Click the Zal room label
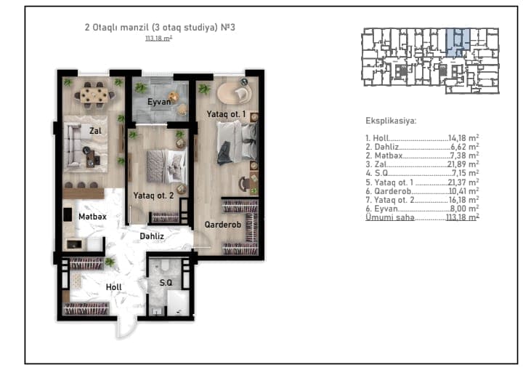[x=95, y=131]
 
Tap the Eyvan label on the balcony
[x=159, y=102]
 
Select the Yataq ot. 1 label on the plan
[x=226, y=114]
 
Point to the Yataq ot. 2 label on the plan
[x=153, y=196]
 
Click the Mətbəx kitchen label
[x=92, y=217]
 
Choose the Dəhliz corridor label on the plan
[x=152, y=236]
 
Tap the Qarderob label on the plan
[x=222, y=225]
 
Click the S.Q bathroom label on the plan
[x=166, y=283]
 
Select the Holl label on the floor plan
[x=114, y=287]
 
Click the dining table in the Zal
[x=94, y=94]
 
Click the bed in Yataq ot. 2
[x=166, y=166]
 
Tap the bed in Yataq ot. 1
[x=237, y=142]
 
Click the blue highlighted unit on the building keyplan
[x=458, y=42]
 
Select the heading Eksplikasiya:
[x=391, y=121]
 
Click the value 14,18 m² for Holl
[x=463, y=138]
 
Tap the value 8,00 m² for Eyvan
[x=465, y=209]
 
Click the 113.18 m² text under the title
[x=159, y=38]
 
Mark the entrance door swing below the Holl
[x=126, y=328]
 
